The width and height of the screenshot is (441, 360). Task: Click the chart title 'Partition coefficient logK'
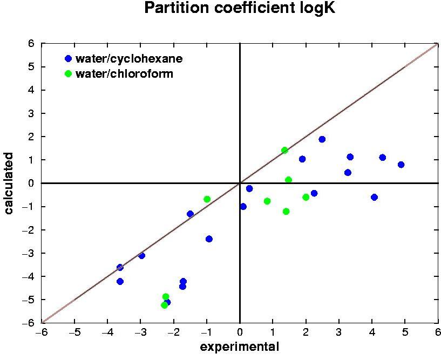coord(239,9)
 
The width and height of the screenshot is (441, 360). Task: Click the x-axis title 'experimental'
coord(240,347)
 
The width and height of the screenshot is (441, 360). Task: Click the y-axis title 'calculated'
coord(9,183)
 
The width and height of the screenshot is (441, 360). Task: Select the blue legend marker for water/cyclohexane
coord(68,58)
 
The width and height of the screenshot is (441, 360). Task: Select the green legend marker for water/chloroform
coord(68,73)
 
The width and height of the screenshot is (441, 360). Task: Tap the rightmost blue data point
coord(401,165)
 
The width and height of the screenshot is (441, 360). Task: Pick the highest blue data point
coord(322,139)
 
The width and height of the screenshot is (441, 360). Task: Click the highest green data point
coord(284,151)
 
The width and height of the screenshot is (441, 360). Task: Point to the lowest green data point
coord(164,305)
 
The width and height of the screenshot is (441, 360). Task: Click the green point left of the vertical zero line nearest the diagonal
coord(207,199)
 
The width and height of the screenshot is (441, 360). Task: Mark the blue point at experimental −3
coord(141,255)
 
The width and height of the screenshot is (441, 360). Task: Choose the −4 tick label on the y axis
coord(29,276)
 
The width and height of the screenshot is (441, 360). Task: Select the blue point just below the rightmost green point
coord(314,193)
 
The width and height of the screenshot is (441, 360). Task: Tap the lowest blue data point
coord(167,302)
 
